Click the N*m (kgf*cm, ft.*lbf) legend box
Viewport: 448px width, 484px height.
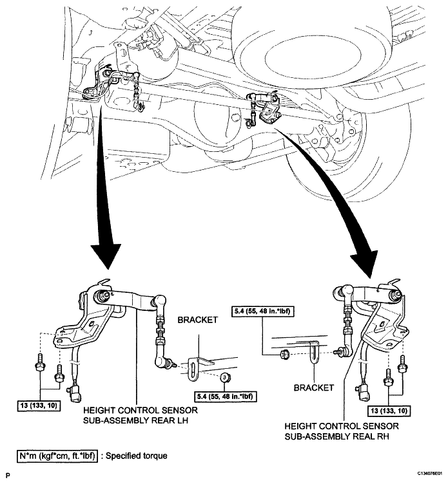click(x=57, y=456)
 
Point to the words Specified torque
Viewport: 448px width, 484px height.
click(x=137, y=456)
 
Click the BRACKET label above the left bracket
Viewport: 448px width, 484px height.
click(x=197, y=320)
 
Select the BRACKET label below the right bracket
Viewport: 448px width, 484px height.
click(x=313, y=387)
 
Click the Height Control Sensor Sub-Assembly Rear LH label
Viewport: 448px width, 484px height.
click(x=141, y=416)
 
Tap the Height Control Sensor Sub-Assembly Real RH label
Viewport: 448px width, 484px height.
click(x=342, y=431)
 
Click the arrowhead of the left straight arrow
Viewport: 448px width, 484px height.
click(x=106, y=256)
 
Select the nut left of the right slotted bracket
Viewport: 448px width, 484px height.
click(x=284, y=355)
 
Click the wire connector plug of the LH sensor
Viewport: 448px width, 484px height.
click(x=74, y=393)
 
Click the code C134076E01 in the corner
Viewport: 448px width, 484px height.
click(x=430, y=474)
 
